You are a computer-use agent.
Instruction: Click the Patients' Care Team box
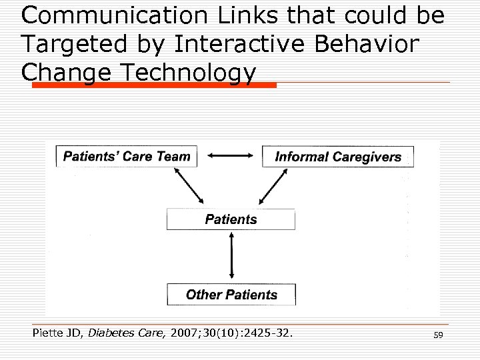(x=127, y=157)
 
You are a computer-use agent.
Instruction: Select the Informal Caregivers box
(x=338, y=157)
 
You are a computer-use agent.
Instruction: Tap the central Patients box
(x=231, y=219)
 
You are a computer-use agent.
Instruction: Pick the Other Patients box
(x=231, y=295)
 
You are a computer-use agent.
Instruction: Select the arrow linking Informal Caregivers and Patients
(x=273, y=185)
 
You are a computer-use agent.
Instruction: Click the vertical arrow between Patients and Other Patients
(x=231, y=257)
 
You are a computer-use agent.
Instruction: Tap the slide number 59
(x=438, y=335)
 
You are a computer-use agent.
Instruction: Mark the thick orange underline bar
(x=149, y=85)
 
